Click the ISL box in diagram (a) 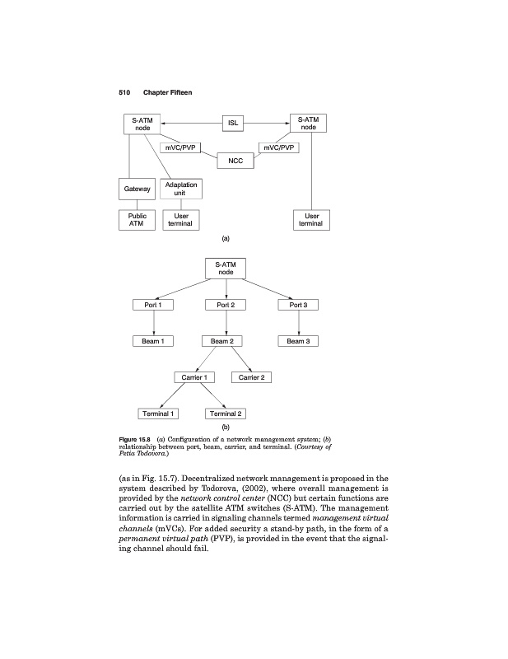(235, 124)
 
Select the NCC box (235, 160)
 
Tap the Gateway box (137, 189)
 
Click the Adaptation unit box (181, 189)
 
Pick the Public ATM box (137, 220)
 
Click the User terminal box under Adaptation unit (181, 220)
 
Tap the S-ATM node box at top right (309, 124)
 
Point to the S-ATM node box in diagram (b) (226, 269)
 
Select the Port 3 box (297, 306)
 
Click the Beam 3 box (297, 341)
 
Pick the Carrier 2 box (250, 377)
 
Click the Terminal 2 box (226, 413)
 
